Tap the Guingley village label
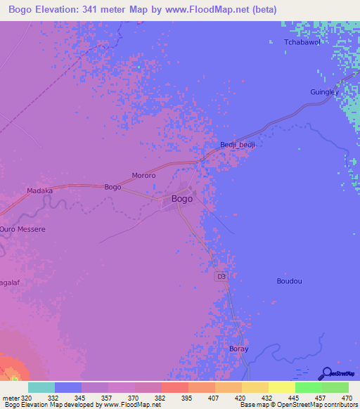pos(324,92)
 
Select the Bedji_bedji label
pos(237,145)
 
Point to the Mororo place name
pos(143,175)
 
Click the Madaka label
pos(39,190)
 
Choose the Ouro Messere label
pos(22,229)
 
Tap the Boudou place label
pos(289,281)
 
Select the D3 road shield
pos(221,278)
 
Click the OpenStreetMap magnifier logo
pos(326,373)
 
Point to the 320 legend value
pos(27,398)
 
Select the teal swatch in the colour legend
pos(41,387)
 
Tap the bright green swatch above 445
pos(309,387)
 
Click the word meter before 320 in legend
pos(11,398)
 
